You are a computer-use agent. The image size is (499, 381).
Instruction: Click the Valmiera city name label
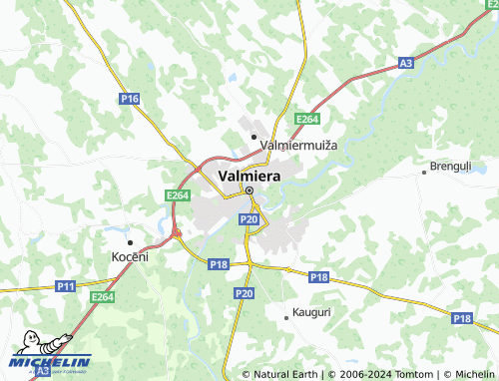click(249, 176)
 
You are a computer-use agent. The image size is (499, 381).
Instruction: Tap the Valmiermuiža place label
click(298, 146)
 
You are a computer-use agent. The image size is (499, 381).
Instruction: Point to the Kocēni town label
click(129, 257)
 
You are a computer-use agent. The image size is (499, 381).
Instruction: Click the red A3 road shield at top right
click(405, 63)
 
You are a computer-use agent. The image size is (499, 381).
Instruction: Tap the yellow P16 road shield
click(129, 99)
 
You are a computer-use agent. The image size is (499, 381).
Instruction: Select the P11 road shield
click(66, 286)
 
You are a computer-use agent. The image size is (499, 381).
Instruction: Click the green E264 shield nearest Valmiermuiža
click(306, 120)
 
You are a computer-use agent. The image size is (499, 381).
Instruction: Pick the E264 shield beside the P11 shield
click(102, 296)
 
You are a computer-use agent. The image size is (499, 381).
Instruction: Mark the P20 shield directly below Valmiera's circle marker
click(249, 218)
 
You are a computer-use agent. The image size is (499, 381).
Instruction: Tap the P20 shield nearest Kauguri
click(244, 293)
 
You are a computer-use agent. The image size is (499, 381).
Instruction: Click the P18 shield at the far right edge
click(461, 317)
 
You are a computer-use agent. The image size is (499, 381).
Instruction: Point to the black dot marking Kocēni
click(129, 242)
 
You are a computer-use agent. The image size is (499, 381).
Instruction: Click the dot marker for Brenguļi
click(424, 172)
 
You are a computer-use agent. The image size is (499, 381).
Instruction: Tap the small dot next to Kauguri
click(286, 317)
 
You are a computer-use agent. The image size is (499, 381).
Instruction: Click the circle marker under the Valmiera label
click(249, 191)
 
